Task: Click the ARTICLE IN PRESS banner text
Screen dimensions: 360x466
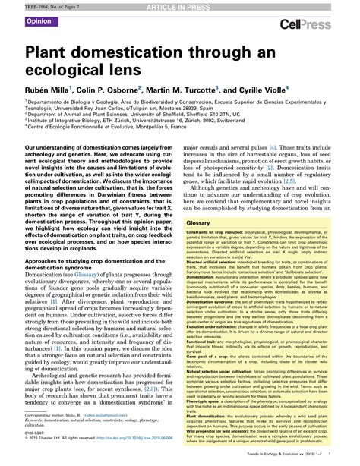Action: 180,6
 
